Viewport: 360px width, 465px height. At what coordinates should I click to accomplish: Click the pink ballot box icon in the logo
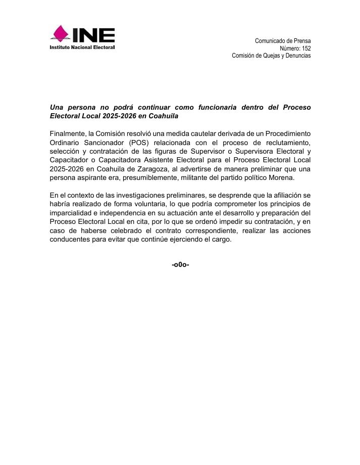61,34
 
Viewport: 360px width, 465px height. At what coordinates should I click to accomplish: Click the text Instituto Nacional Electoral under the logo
82,48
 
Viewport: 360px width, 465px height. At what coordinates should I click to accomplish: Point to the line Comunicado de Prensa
283,41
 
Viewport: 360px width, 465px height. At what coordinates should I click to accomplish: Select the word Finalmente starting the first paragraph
68,134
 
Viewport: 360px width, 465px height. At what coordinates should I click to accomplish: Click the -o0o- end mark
180,265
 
